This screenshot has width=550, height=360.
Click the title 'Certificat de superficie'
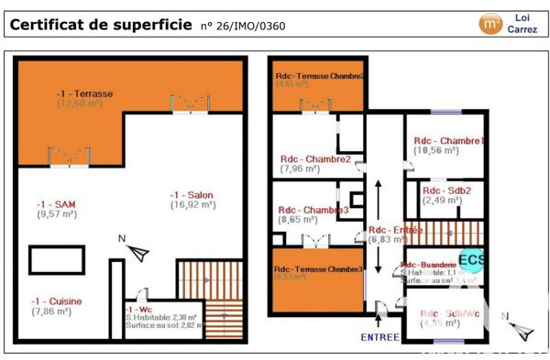pos(102,25)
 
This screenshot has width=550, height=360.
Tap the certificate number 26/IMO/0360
pos(242,26)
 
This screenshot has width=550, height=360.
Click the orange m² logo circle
pos(491,23)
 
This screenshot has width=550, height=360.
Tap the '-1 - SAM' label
pos(54,203)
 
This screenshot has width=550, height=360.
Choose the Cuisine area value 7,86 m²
pos(50,311)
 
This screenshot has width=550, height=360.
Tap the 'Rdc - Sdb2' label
pos(446,190)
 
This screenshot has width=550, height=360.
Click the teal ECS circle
pos(473,258)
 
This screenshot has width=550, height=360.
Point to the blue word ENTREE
pos(379,337)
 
